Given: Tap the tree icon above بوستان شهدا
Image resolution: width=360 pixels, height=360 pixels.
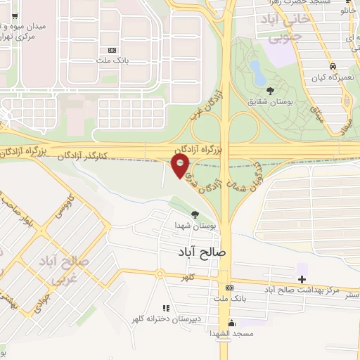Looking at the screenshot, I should point(194,214).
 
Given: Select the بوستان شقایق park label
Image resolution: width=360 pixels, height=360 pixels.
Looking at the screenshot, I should point(269,102).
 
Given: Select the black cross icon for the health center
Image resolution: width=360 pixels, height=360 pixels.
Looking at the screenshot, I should point(302,279).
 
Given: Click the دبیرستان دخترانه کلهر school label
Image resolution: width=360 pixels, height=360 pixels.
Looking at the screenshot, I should point(166,319).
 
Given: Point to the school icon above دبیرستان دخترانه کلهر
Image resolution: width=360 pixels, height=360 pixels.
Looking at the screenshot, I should point(166,308).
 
